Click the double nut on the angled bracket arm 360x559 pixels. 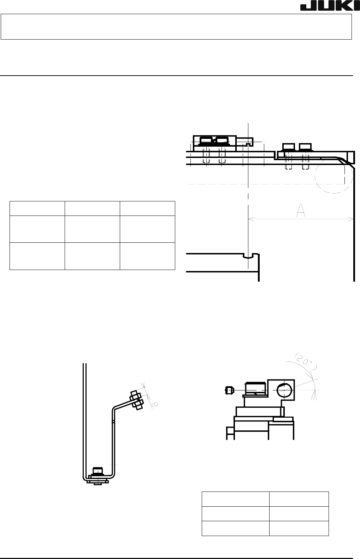(x=136, y=400)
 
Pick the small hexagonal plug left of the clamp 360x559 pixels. (x=229, y=390)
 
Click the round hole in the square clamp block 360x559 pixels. (x=284, y=390)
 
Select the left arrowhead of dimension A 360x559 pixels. (x=250, y=219)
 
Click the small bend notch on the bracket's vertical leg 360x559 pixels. (x=113, y=421)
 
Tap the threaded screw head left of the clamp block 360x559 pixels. (x=255, y=389)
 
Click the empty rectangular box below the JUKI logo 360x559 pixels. (x=176, y=27)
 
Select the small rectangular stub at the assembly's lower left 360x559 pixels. (x=230, y=431)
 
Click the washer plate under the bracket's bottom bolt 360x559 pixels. (x=98, y=481)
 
